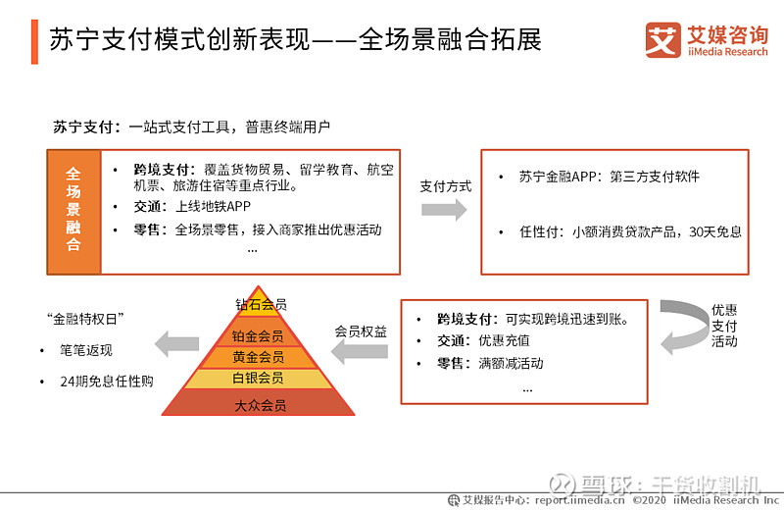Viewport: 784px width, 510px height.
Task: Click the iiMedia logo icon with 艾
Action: (x=662, y=40)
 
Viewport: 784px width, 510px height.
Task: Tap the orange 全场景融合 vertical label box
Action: (x=74, y=212)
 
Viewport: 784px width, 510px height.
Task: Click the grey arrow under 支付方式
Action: (x=444, y=210)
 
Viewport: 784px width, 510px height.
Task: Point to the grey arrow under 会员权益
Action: (x=360, y=352)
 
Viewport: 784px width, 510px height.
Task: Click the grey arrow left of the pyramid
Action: (x=177, y=344)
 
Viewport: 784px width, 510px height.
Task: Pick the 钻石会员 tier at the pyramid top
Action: (x=259, y=302)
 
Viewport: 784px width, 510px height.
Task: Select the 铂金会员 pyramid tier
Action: (x=258, y=336)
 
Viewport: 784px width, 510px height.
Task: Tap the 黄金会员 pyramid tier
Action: (x=258, y=357)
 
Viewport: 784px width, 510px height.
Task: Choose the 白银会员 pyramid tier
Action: (x=258, y=379)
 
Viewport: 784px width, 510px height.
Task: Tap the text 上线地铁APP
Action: (x=213, y=207)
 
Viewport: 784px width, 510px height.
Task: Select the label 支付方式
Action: (x=446, y=186)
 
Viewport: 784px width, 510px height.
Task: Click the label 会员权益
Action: (x=361, y=331)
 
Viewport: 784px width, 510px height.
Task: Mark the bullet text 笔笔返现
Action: (x=86, y=350)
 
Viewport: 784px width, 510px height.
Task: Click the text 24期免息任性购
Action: (x=107, y=382)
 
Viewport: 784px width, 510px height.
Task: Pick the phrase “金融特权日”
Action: (x=85, y=319)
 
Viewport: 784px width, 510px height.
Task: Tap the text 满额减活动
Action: (x=511, y=363)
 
